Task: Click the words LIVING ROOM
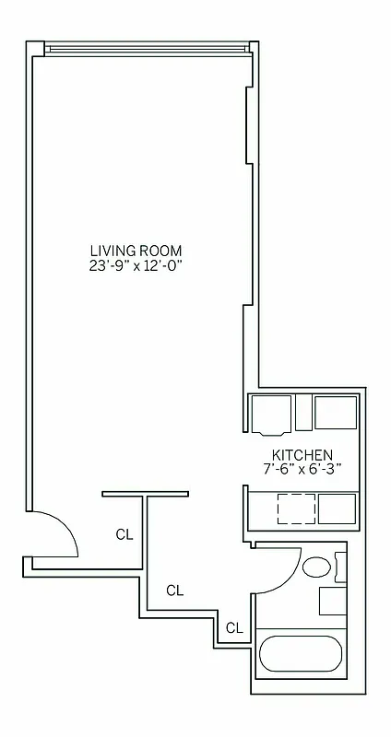[x=136, y=250]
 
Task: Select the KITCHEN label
[x=302, y=454]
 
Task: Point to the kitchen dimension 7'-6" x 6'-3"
[x=302, y=469]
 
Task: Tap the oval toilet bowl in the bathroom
[x=317, y=567]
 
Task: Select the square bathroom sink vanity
[x=333, y=601]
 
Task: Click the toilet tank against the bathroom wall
[x=341, y=567]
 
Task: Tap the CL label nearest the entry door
[x=124, y=533]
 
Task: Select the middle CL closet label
[x=174, y=591]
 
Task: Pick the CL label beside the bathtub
[x=234, y=628]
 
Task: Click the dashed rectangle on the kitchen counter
[x=295, y=509]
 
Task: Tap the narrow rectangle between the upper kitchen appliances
[x=303, y=413]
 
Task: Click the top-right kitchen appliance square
[x=335, y=413]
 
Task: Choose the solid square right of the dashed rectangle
[x=337, y=509]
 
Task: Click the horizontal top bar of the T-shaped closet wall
[x=146, y=494]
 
